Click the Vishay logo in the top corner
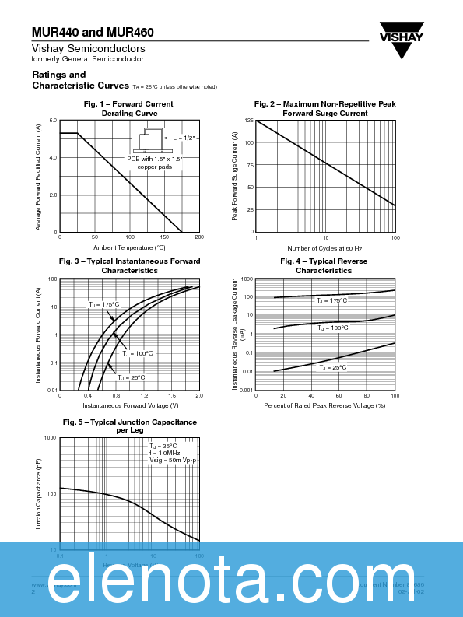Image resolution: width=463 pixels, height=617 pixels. tap(402, 39)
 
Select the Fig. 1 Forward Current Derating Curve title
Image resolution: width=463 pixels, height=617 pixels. tap(128, 109)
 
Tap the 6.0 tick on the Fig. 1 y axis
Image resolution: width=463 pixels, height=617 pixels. tap(53, 121)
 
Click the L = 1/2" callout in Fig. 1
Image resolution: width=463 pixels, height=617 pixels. tap(184, 138)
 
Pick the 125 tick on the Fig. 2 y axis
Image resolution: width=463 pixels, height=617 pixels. tap(249, 121)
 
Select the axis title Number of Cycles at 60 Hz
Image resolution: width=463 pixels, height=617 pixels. tap(325, 247)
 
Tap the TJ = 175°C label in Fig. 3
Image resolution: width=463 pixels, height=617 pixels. tap(103, 305)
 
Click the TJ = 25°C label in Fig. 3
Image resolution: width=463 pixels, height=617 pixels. tap(132, 377)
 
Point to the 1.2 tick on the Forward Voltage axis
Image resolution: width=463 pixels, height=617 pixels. tap(144, 396)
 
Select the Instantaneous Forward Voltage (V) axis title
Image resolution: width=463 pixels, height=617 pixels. tap(130, 405)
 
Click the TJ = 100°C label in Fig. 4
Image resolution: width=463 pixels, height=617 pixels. tap(332, 328)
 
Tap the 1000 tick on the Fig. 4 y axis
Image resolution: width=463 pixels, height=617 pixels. tap(247, 279)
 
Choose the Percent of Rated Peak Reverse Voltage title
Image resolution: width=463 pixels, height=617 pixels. tap(325, 405)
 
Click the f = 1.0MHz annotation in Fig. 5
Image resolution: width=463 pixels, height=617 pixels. tap(165, 453)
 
